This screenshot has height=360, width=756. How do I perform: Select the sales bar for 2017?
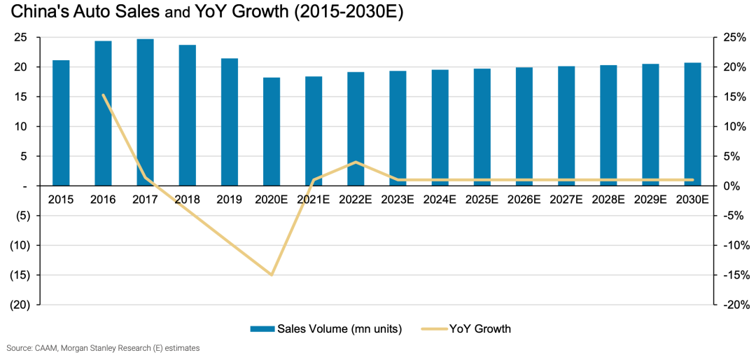(145, 112)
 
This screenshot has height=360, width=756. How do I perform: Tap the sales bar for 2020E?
(272, 132)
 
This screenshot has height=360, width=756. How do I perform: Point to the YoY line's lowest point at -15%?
(272, 275)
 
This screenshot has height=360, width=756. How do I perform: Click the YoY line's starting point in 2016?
(104, 95)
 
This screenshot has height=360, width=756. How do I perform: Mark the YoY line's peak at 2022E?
(356, 162)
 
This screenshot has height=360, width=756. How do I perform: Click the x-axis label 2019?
(229, 200)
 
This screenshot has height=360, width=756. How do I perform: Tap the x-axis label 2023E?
(398, 200)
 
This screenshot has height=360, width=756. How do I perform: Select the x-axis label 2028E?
(608, 200)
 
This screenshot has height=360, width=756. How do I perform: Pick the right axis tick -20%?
(737, 305)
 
